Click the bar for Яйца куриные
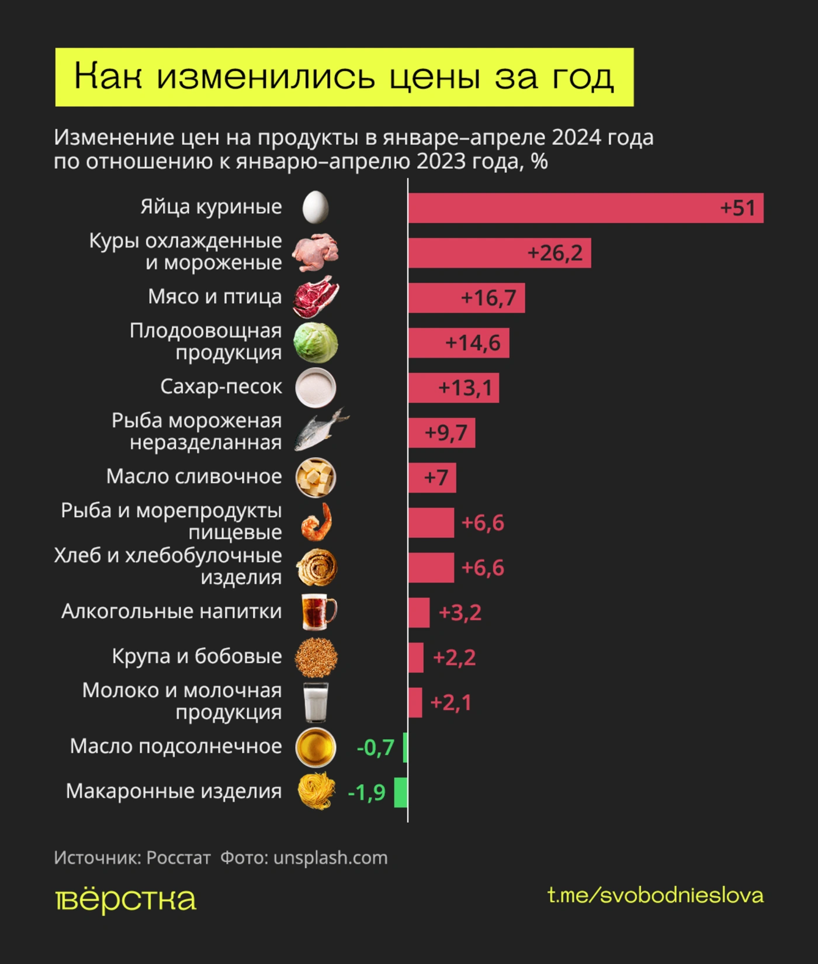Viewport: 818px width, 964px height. click(584, 208)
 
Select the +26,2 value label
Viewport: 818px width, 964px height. click(554, 253)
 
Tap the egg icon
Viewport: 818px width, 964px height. click(316, 207)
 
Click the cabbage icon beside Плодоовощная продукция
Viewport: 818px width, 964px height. click(316, 343)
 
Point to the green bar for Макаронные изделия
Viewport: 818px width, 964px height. click(401, 792)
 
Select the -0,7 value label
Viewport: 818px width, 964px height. click(375, 747)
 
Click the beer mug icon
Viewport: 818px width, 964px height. click(318, 612)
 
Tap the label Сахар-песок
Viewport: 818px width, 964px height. click(221, 387)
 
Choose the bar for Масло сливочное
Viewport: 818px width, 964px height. click(432, 478)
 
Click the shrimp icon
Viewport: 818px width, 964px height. click(317, 522)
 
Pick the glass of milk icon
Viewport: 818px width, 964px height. click(316, 702)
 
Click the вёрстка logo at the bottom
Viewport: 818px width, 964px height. click(126, 900)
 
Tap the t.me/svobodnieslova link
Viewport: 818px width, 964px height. click(655, 895)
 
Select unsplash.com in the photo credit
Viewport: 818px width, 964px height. click(330, 857)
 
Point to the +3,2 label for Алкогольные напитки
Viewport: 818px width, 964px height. click(460, 612)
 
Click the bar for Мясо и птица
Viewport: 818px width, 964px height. click(466, 298)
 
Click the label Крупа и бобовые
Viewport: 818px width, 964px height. click(197, 656)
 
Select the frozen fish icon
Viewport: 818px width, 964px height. click(320, 431)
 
